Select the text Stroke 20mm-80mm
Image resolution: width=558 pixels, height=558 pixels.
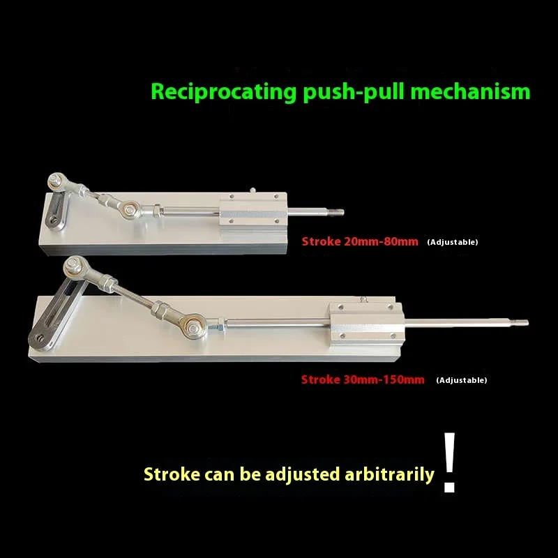coord(359,241)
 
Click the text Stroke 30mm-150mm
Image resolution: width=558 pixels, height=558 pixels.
coord(363,379)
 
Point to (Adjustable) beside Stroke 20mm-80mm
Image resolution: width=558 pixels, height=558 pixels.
coord(453,242)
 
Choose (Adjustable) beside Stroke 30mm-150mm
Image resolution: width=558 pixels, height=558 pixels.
coord(462,380)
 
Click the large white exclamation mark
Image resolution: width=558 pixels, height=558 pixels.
coord(450,463)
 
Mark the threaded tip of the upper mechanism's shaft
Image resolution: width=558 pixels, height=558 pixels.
coord(338,213)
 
